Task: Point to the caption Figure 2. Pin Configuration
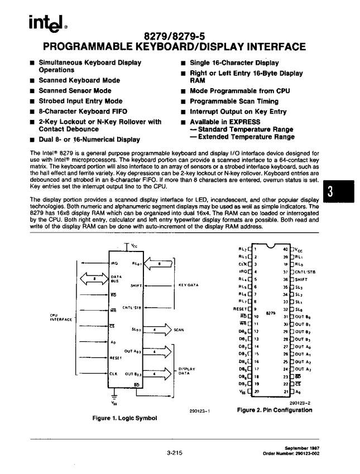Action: [274, 410]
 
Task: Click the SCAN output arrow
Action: [161, 330]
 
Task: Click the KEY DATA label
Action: [189, 285]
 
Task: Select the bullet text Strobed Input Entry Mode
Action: [80, 101]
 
